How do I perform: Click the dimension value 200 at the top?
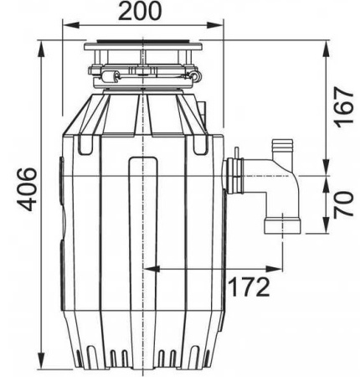click(145, 15)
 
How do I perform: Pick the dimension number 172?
click(249, 287)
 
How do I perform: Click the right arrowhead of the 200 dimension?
click(223, 34)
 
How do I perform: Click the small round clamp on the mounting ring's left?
click(106, 80)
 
